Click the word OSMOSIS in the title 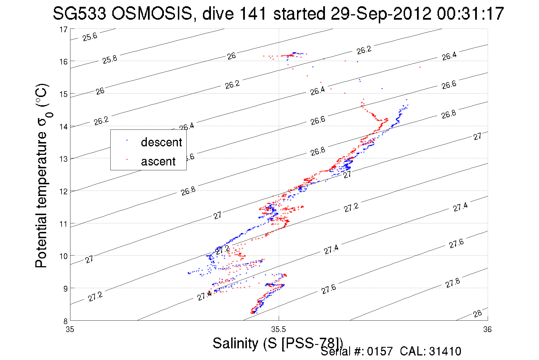[x=152, y=13]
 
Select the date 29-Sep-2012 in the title [x=381, y=13]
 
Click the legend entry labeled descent [x=161, y=142]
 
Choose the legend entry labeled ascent [x=158, y=161]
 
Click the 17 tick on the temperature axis [x=63, y=29]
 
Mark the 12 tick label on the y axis [x=63, y=191]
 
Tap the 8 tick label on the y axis [x=65, y=321]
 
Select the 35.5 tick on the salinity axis [x=278, y=329]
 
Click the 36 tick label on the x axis [x=487, y=329]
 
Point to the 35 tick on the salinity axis [x=70, y=329]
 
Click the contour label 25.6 [x=90, y=37]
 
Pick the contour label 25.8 [x=110, y=60]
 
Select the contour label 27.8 [x=453, y=283]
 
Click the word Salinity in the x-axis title [x=235, y=343]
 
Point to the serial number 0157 [x=380, y=351]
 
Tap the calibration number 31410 [x=445, y=351]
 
